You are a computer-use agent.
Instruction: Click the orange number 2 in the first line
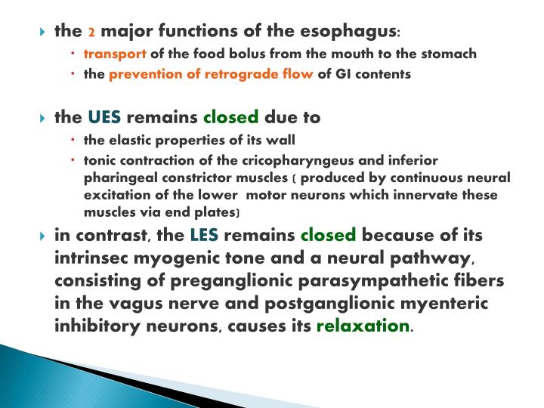pos(91,32)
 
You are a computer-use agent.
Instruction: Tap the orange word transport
pos(116,54)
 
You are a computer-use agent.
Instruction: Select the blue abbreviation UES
pos(104,118)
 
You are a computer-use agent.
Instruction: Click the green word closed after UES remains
pos(231,118)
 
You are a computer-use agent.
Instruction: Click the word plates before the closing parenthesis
pos(218,213)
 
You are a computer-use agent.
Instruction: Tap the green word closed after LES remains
pos(327,235)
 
